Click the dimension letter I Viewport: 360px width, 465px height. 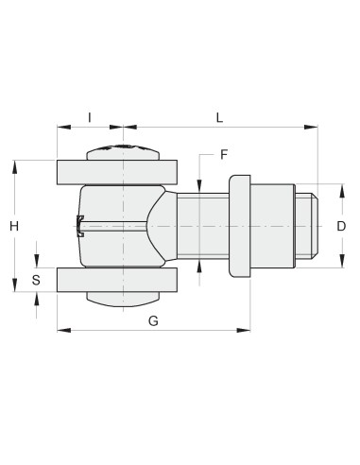(x=90, y=117)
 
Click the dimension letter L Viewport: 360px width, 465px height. (x=219, y=117)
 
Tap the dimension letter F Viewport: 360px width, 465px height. (x=224, y=155)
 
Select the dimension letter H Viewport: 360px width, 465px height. (x=14, y=226)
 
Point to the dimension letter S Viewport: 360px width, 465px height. (x=36, y=280)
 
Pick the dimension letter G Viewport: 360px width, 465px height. (x=153, y=321)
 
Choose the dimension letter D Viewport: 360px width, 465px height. (x=341, y=226)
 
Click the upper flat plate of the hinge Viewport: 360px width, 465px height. (x=117, y=172)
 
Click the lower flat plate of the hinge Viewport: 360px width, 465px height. (x=117, y=280)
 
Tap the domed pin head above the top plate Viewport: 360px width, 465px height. (x=123, y=152)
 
